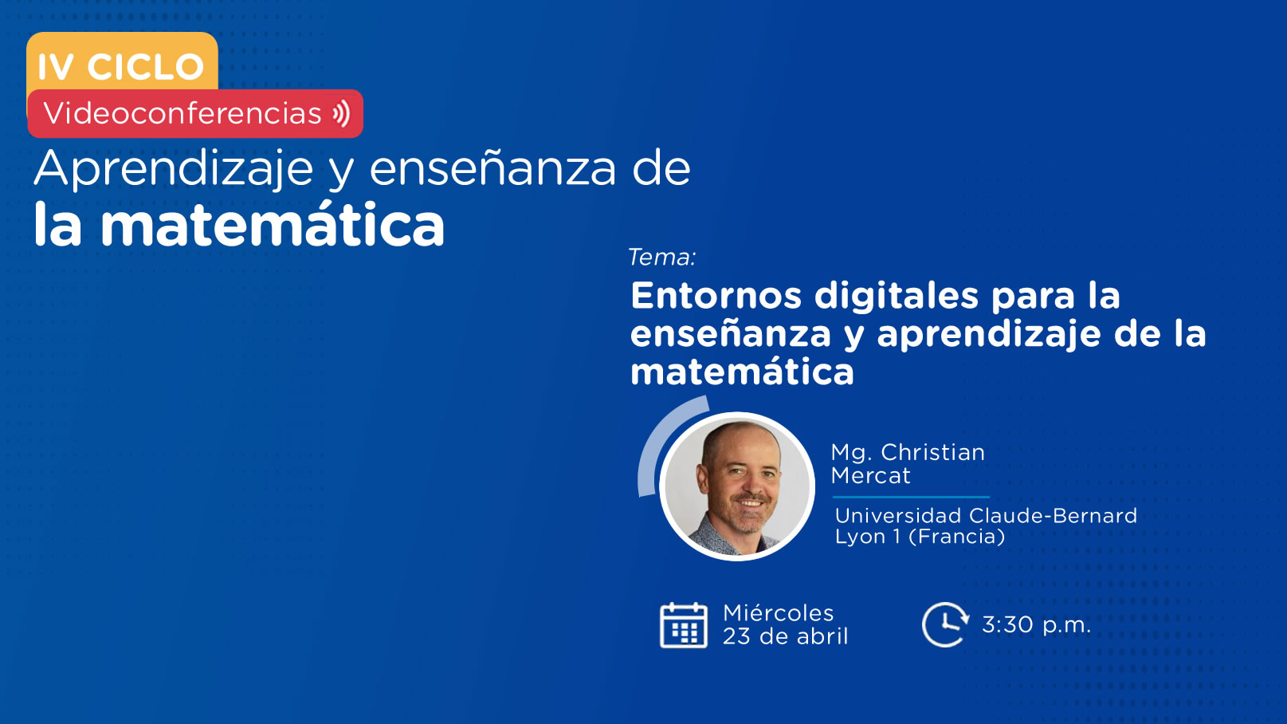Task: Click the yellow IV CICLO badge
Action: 122,62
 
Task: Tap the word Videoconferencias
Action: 182,112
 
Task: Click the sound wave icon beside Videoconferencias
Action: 341,113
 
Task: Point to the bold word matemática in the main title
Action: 273,224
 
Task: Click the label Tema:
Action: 662,257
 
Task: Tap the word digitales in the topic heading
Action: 897,296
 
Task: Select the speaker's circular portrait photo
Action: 737,486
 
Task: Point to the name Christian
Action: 933,453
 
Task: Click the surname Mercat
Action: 870,475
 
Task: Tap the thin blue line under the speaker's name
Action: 911,497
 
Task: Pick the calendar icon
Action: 684,625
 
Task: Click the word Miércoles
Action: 779,613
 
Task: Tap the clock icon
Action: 945,624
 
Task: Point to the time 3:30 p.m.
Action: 1036,625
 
